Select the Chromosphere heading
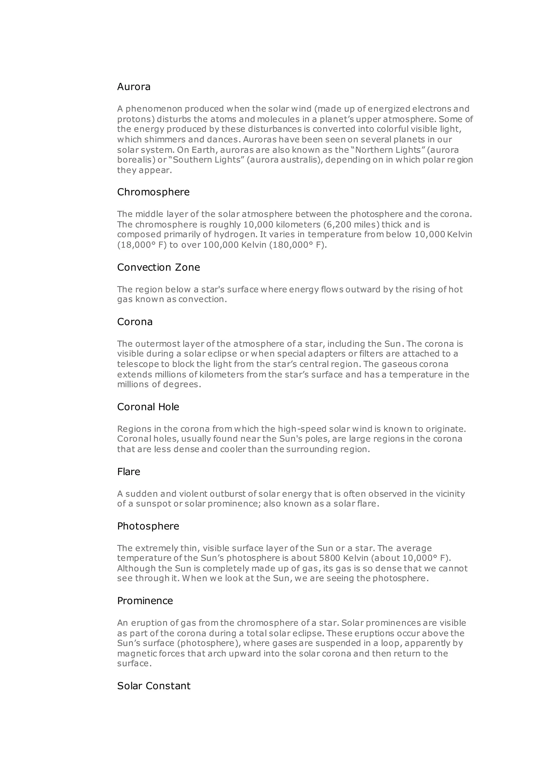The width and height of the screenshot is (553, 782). coord(153,192)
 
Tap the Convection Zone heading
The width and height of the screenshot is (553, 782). coord(158,267)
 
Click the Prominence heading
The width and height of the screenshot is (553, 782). coord(145,601)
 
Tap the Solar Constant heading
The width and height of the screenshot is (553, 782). coord(154,686)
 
